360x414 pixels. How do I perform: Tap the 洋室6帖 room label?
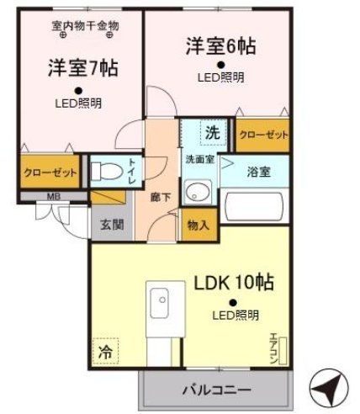[220, 45]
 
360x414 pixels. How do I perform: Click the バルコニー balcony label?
[214, 390]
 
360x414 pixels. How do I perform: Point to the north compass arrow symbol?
[329, 389]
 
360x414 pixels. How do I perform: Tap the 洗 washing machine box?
[213, 132]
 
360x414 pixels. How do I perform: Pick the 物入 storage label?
[197, 225]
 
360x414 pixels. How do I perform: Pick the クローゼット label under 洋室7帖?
[50, 172]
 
